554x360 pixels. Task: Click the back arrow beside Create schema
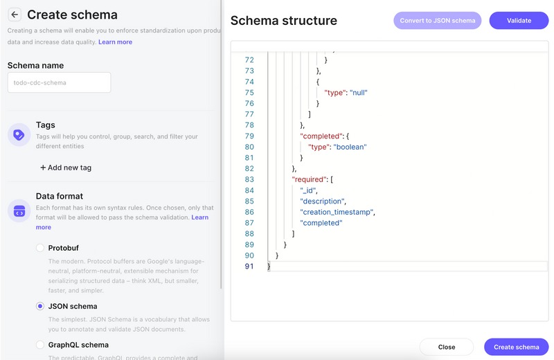tap(15, 15)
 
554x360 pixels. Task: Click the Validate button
tap(519, 21)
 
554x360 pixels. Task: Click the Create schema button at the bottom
tap(516, 347)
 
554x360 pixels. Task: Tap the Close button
tap(447, 347)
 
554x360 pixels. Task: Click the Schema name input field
tap(59, 82)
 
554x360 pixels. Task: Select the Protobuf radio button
tap(40, 248)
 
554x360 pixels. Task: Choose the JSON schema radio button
tap(40, 306)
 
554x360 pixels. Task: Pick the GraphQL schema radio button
tap(40, 345)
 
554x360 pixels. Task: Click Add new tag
tap(66, 168)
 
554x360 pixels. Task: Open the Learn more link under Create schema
tap(115, 42)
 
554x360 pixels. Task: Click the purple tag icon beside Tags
tap(19, 135)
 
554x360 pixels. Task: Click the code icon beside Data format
tap(19, 211)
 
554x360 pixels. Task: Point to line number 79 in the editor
tap(249, 136)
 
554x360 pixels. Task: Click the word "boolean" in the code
tap(350, 147)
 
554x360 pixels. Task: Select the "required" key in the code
tap(309, 179)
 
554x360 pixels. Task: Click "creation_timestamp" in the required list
tap(337, 212)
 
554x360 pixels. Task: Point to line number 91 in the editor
tap(249, 267)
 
